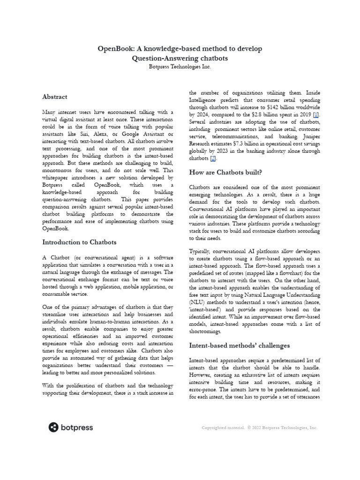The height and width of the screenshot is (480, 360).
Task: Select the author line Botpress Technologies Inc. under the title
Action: (180, 67)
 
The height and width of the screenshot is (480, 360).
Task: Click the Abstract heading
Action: (55, 97)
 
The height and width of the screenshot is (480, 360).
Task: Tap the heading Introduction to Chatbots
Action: (79, 242)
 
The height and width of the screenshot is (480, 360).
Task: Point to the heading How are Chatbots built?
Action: (225, 173)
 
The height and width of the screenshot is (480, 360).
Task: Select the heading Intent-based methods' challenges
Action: (239, 345)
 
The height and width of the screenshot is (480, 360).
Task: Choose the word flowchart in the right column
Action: (286, 273)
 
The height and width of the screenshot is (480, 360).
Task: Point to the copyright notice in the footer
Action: (259, 427)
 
